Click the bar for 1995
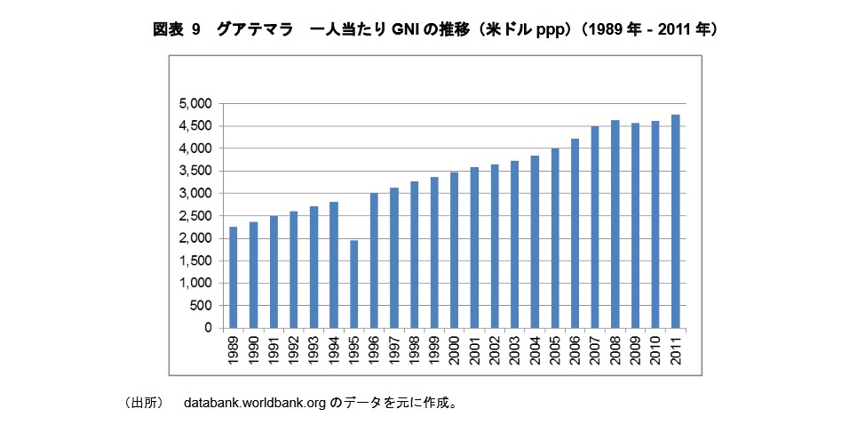353,284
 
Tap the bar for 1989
233,277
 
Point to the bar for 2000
454,250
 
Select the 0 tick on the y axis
207,328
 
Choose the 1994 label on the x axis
334,350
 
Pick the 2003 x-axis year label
515,350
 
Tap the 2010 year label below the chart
655,350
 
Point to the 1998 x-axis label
414,350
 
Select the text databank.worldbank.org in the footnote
254,403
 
